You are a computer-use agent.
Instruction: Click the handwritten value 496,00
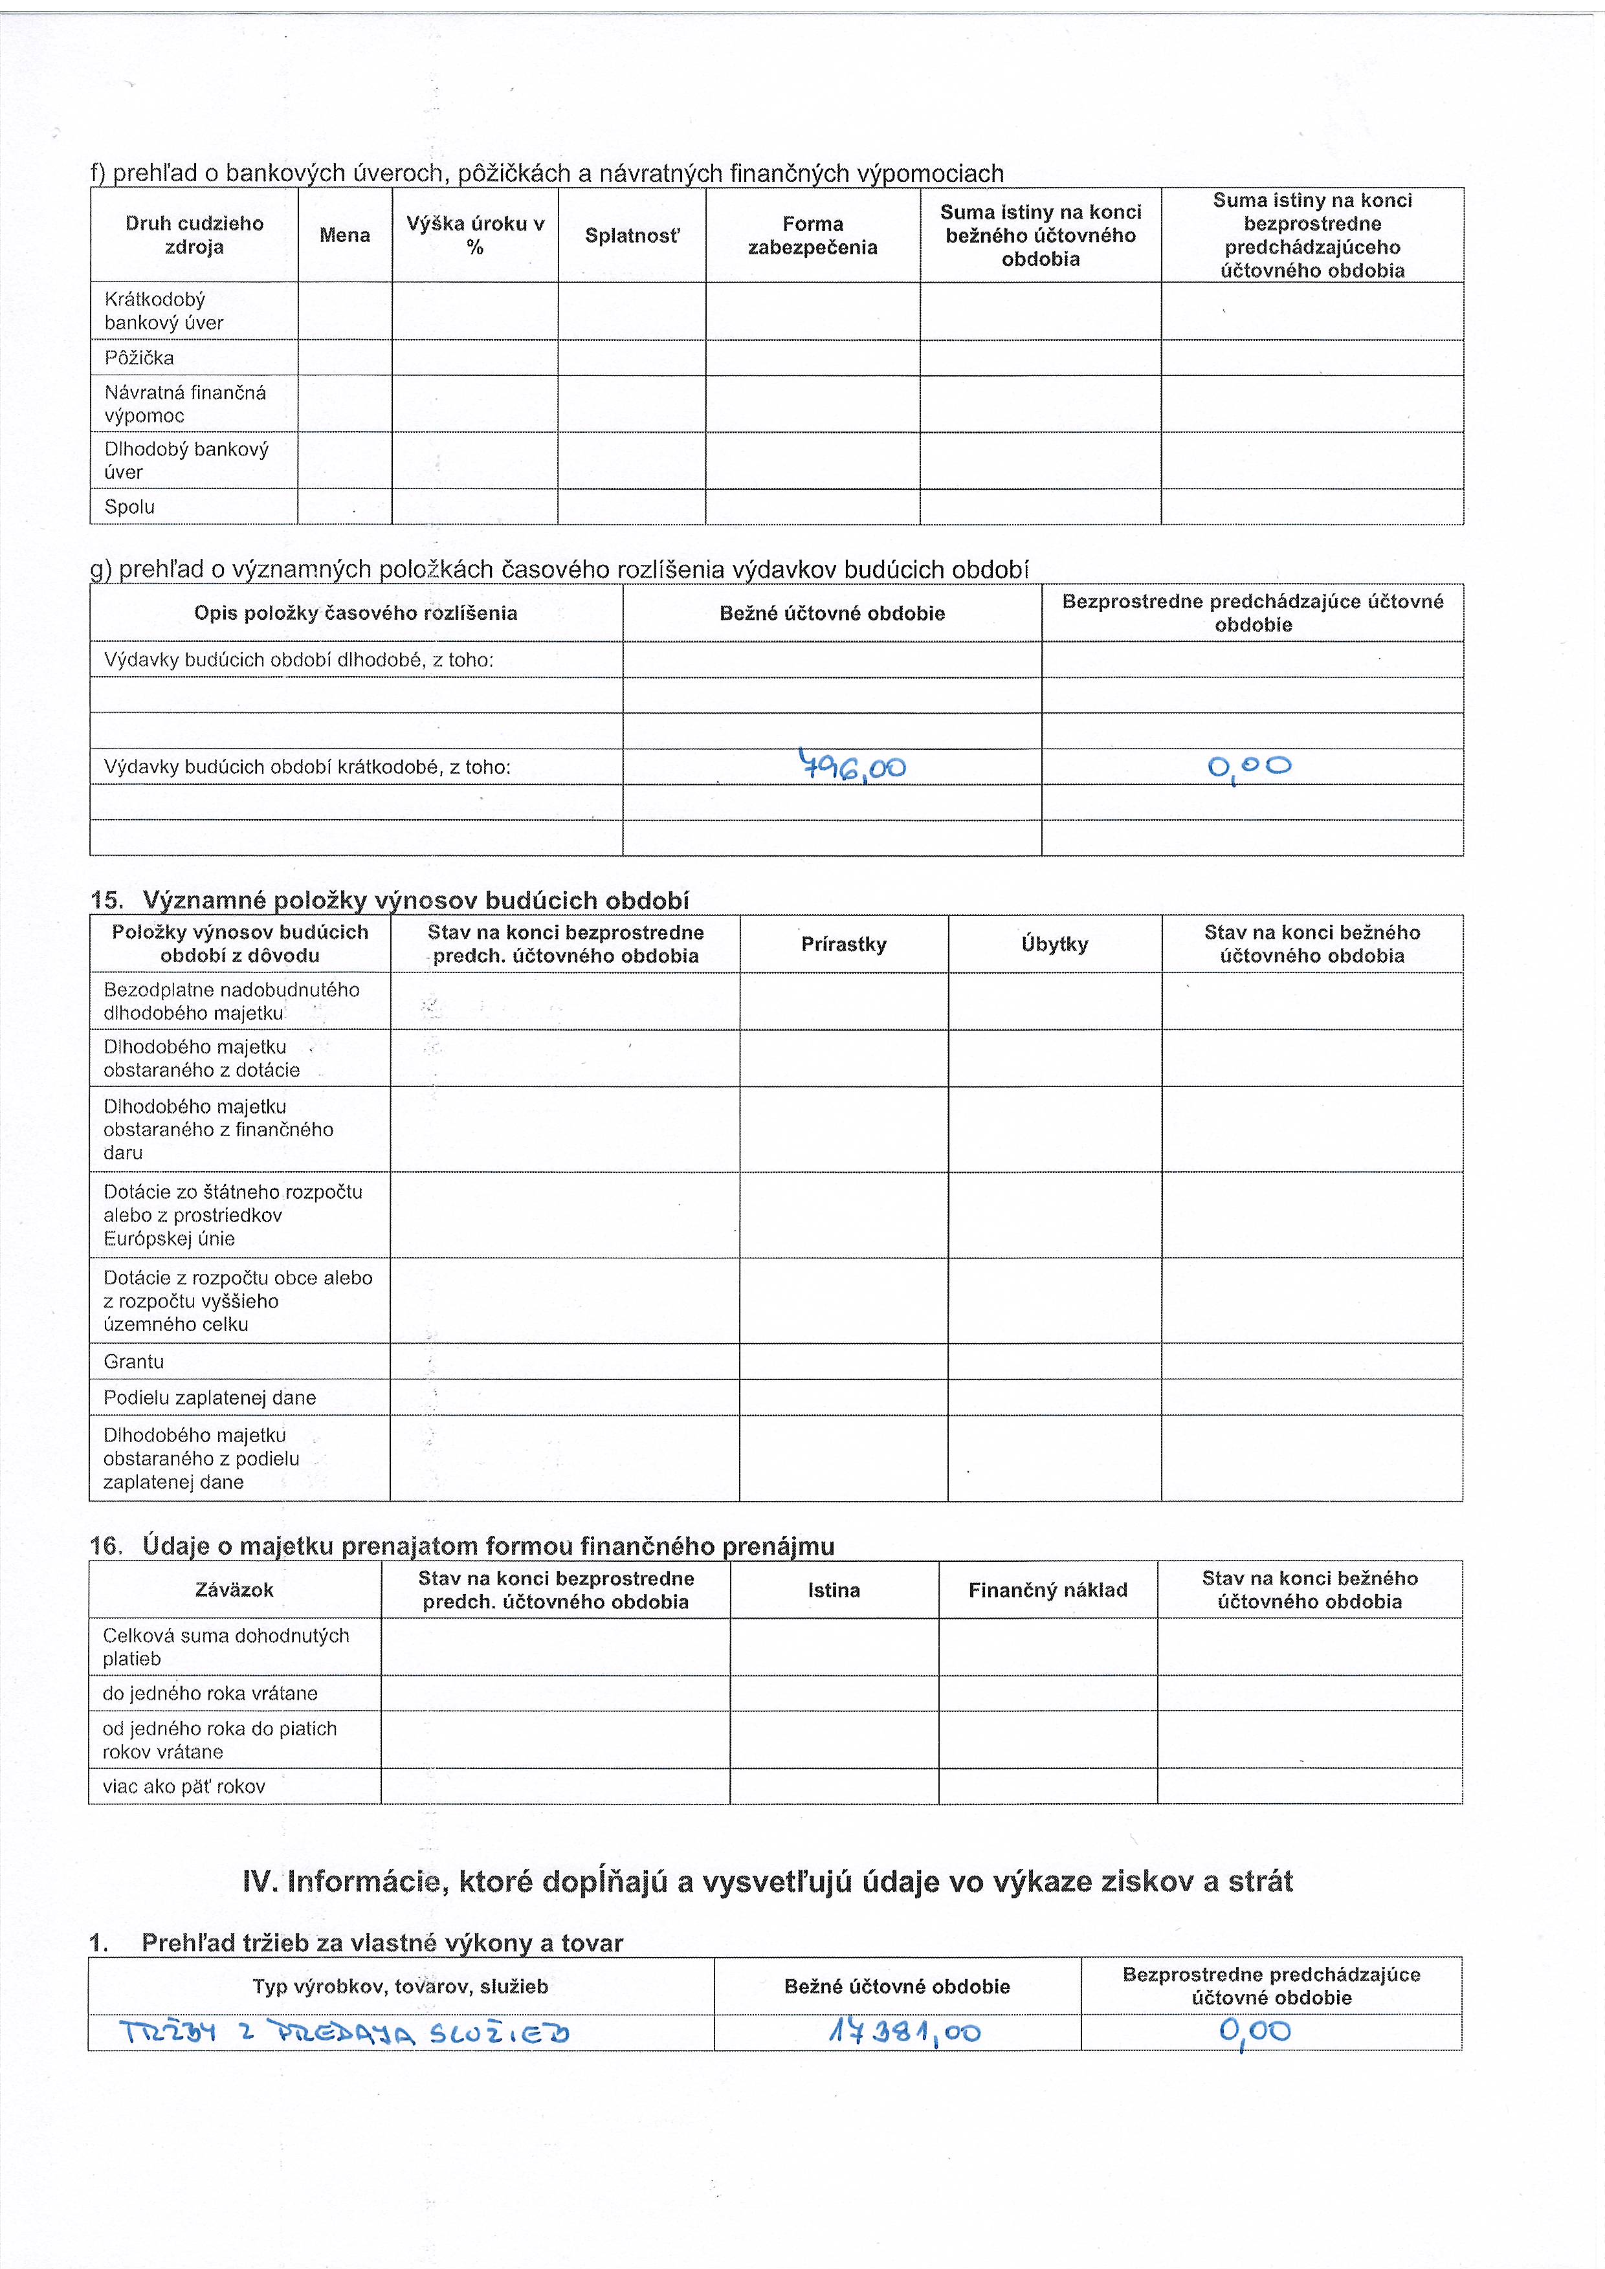coord(852,766)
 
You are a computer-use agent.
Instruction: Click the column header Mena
coord(345,236)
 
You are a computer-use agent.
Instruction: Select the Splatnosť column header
coord(632,236)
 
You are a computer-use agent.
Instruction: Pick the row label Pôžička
coord(139,358)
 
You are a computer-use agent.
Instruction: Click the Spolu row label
coord(129,507)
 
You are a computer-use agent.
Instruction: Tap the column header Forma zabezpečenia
coord(812,236)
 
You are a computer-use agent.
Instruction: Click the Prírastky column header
coord(844,944)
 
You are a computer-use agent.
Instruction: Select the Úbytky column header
coord(1054,944)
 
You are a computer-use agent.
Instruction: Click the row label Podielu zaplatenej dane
coord(210,1398)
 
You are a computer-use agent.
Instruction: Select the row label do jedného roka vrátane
coord(210,1693)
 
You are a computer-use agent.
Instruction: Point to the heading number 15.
coord(105,900)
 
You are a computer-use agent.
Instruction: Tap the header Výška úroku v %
coord(476,236)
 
